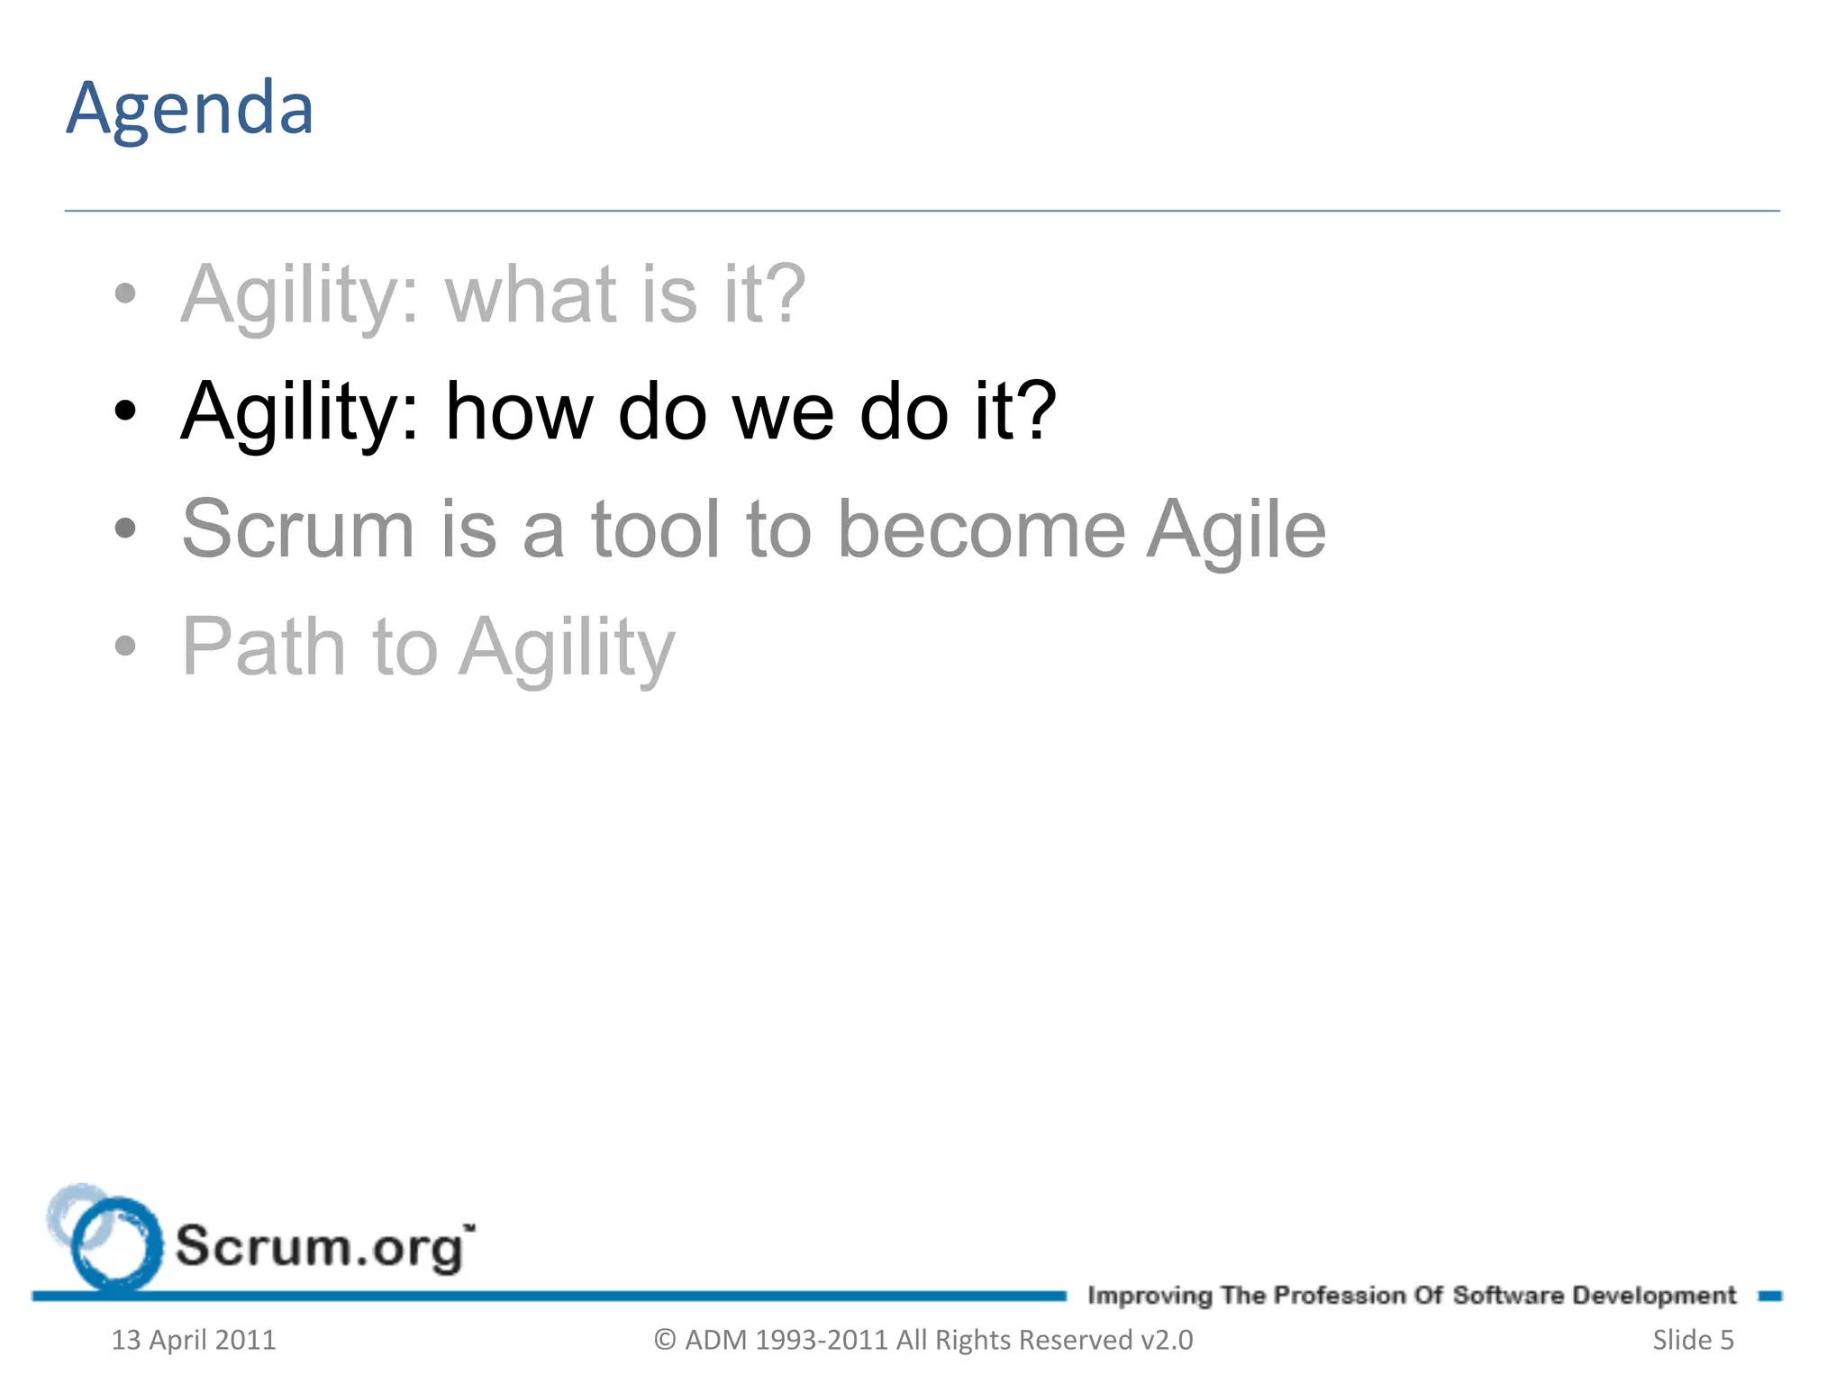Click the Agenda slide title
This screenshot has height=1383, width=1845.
[x=190, y=109]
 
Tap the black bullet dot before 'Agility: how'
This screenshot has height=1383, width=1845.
[x=125, y=412]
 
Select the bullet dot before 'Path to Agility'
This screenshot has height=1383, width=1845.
[x=125, y=646]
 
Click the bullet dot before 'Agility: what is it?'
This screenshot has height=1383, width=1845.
[x=125, y=294]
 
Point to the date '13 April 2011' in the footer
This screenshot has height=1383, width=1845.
[x=193, y=1340]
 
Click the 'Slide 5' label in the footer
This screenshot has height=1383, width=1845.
[x=1693, y=1340]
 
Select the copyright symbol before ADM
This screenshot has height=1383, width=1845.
[x=665, y=1340]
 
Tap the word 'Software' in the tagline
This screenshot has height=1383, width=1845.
[x=1508, y=1296]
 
